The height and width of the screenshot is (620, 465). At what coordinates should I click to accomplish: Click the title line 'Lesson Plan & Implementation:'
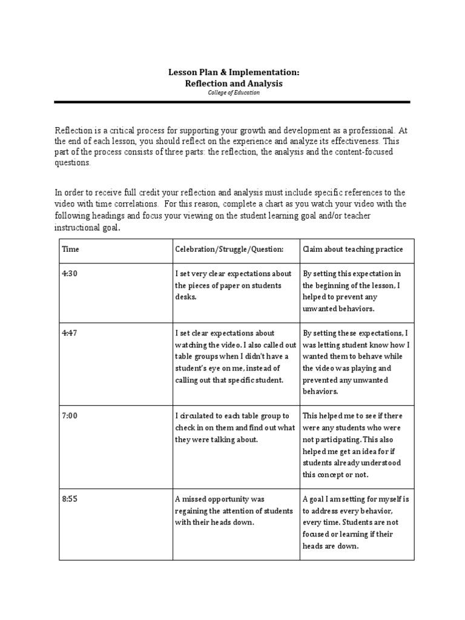tap(233, 72)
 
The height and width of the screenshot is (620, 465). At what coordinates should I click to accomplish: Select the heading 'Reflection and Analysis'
tap(233, 83)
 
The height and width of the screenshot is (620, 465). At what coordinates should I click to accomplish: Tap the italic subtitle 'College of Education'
tap(233, 93)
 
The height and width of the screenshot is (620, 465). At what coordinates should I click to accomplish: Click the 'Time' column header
tap(70, 249)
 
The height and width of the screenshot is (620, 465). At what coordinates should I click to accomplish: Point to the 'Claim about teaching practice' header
tap(352, 249)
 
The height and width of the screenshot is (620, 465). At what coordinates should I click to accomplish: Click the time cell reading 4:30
tap(70, 274)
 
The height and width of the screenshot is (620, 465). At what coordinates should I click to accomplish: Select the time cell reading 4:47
tap(70, 333)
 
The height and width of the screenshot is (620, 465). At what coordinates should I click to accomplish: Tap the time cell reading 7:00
tap(70, 416)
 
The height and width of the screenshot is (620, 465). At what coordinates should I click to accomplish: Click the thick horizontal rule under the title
tap(232, 102)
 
